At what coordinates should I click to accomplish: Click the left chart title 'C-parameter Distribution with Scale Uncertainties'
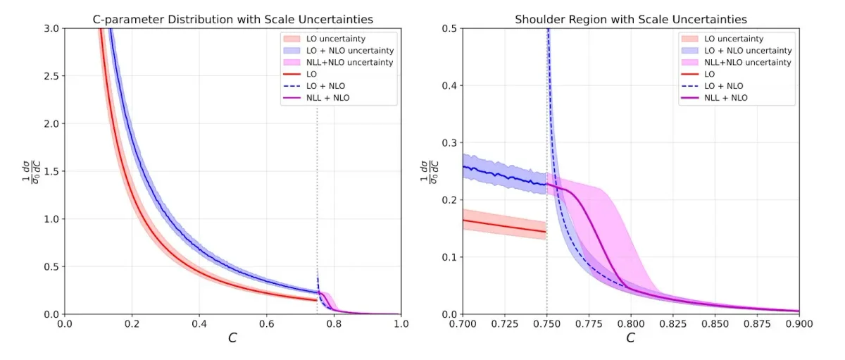tap(232, 19)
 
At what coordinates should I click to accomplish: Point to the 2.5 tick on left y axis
tap(52, 76)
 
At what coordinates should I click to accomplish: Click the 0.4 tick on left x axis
tap(199, 325)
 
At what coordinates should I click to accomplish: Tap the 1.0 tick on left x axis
tap(401, 325)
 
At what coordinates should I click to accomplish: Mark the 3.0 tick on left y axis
tap(52, 28)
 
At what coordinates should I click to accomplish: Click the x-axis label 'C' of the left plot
tap(232, 339)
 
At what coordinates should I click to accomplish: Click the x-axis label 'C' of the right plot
tap(630, 339)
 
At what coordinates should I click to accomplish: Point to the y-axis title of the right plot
tap(429, 171)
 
